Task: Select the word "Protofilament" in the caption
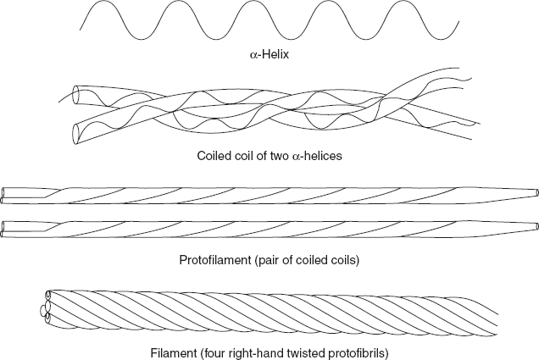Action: pos(212,258)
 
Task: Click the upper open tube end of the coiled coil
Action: pos(77,93)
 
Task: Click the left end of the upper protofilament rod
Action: pos(7,194)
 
